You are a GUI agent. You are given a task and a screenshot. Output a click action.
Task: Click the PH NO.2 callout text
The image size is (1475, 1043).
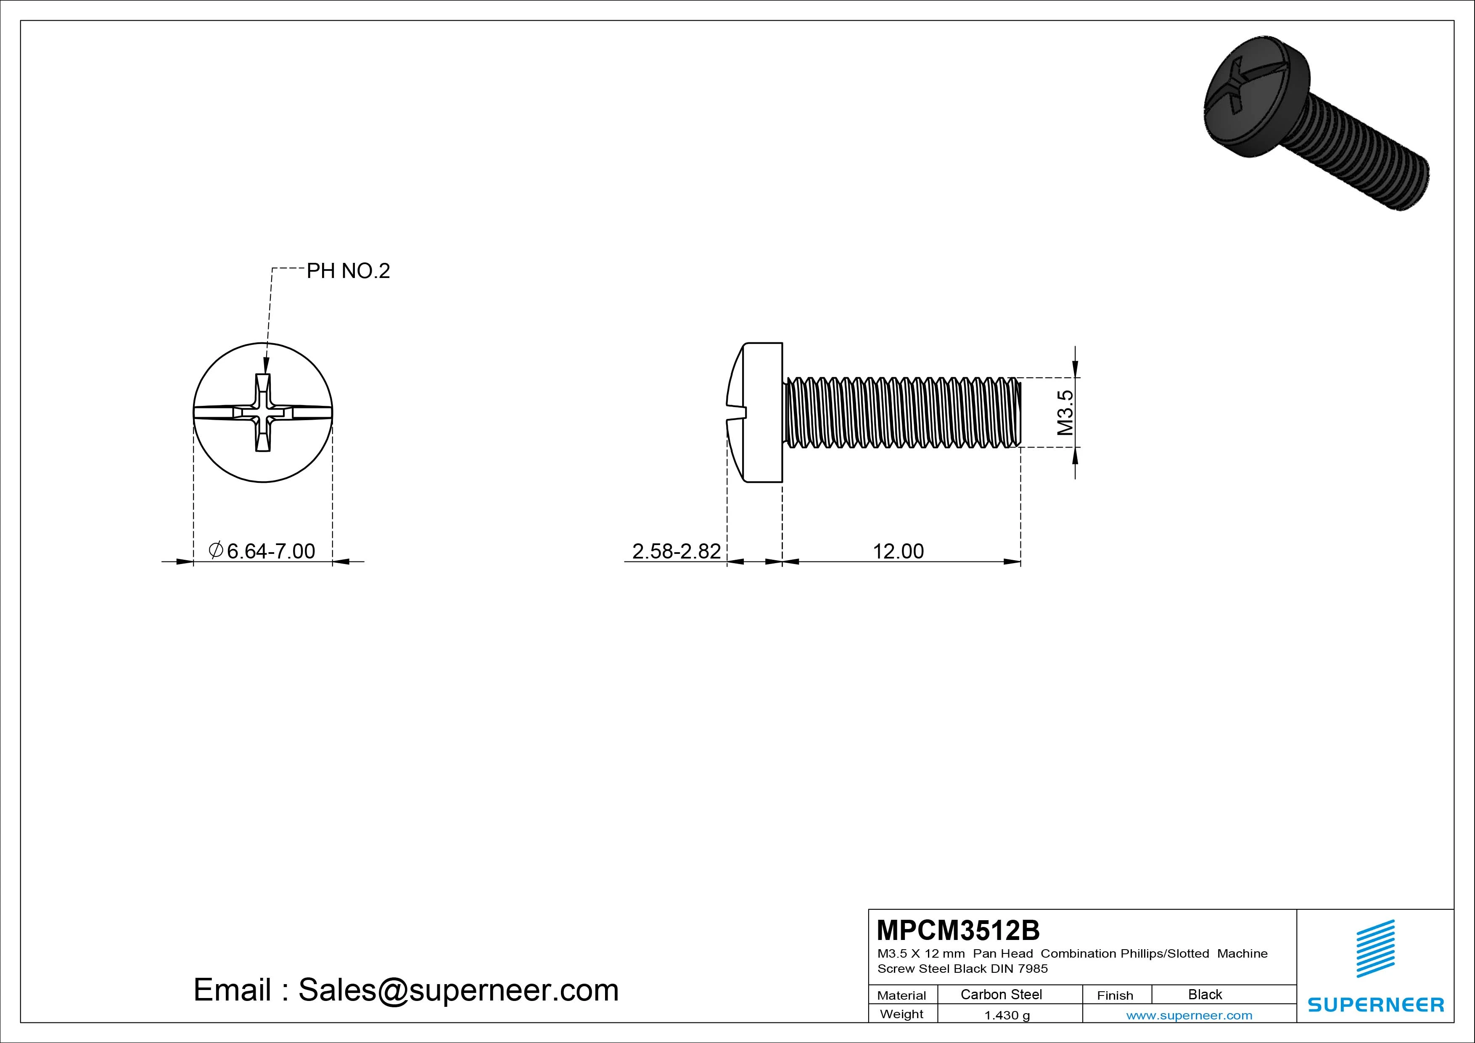pyautogui.click(x=348, y=271)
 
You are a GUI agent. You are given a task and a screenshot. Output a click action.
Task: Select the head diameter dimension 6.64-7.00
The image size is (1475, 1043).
pyautogui.click(x=262, y=551)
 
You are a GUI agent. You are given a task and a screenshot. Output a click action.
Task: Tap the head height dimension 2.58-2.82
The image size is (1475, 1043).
pyautogui.click(x=677, y=551)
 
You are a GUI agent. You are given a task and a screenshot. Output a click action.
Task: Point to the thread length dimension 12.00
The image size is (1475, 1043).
pyautogui.click(x=898, y=551)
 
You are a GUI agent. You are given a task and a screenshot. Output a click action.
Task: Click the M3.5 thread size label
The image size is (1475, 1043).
pyautogui.click(x=1065, y=413)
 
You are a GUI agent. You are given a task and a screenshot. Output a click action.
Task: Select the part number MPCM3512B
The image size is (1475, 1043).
pyautogui.click(x=958, y=930)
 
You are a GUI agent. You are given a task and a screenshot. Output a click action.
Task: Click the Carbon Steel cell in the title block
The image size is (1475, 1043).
pyautogui.click(x=1001, y=994)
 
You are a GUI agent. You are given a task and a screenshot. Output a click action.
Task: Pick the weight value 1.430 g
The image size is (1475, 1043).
pyautogui.click(x=1007, y=1015)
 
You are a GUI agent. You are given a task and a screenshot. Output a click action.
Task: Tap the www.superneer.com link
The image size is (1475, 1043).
pyautogui.click(x=1189, y=1015)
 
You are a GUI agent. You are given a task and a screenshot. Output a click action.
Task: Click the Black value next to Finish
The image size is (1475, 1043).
pyautogui.click(x=1205, y=994)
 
